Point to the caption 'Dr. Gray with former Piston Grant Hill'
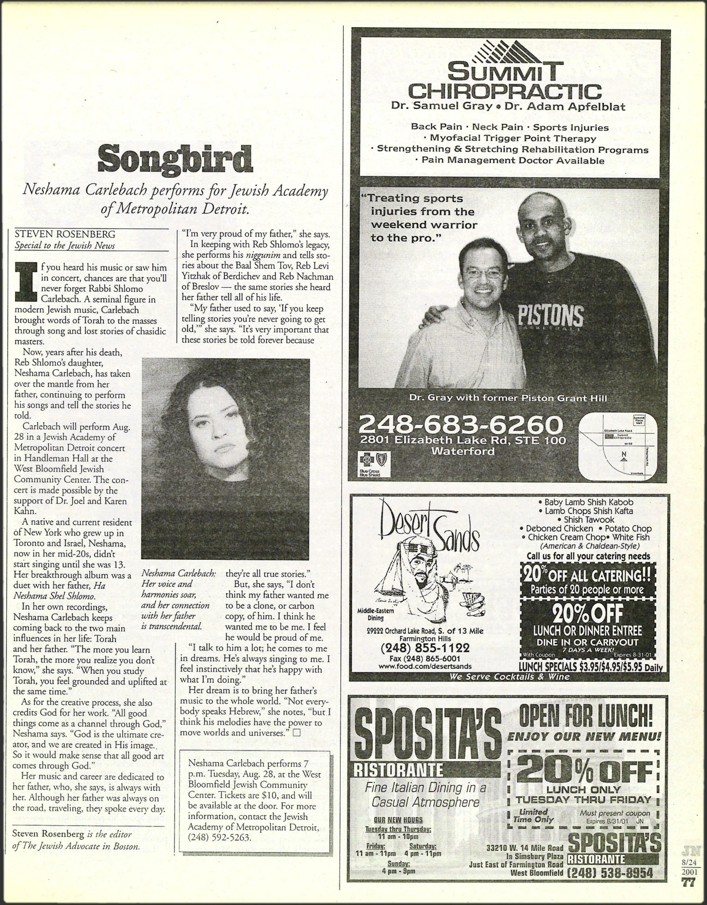[508, 398]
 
